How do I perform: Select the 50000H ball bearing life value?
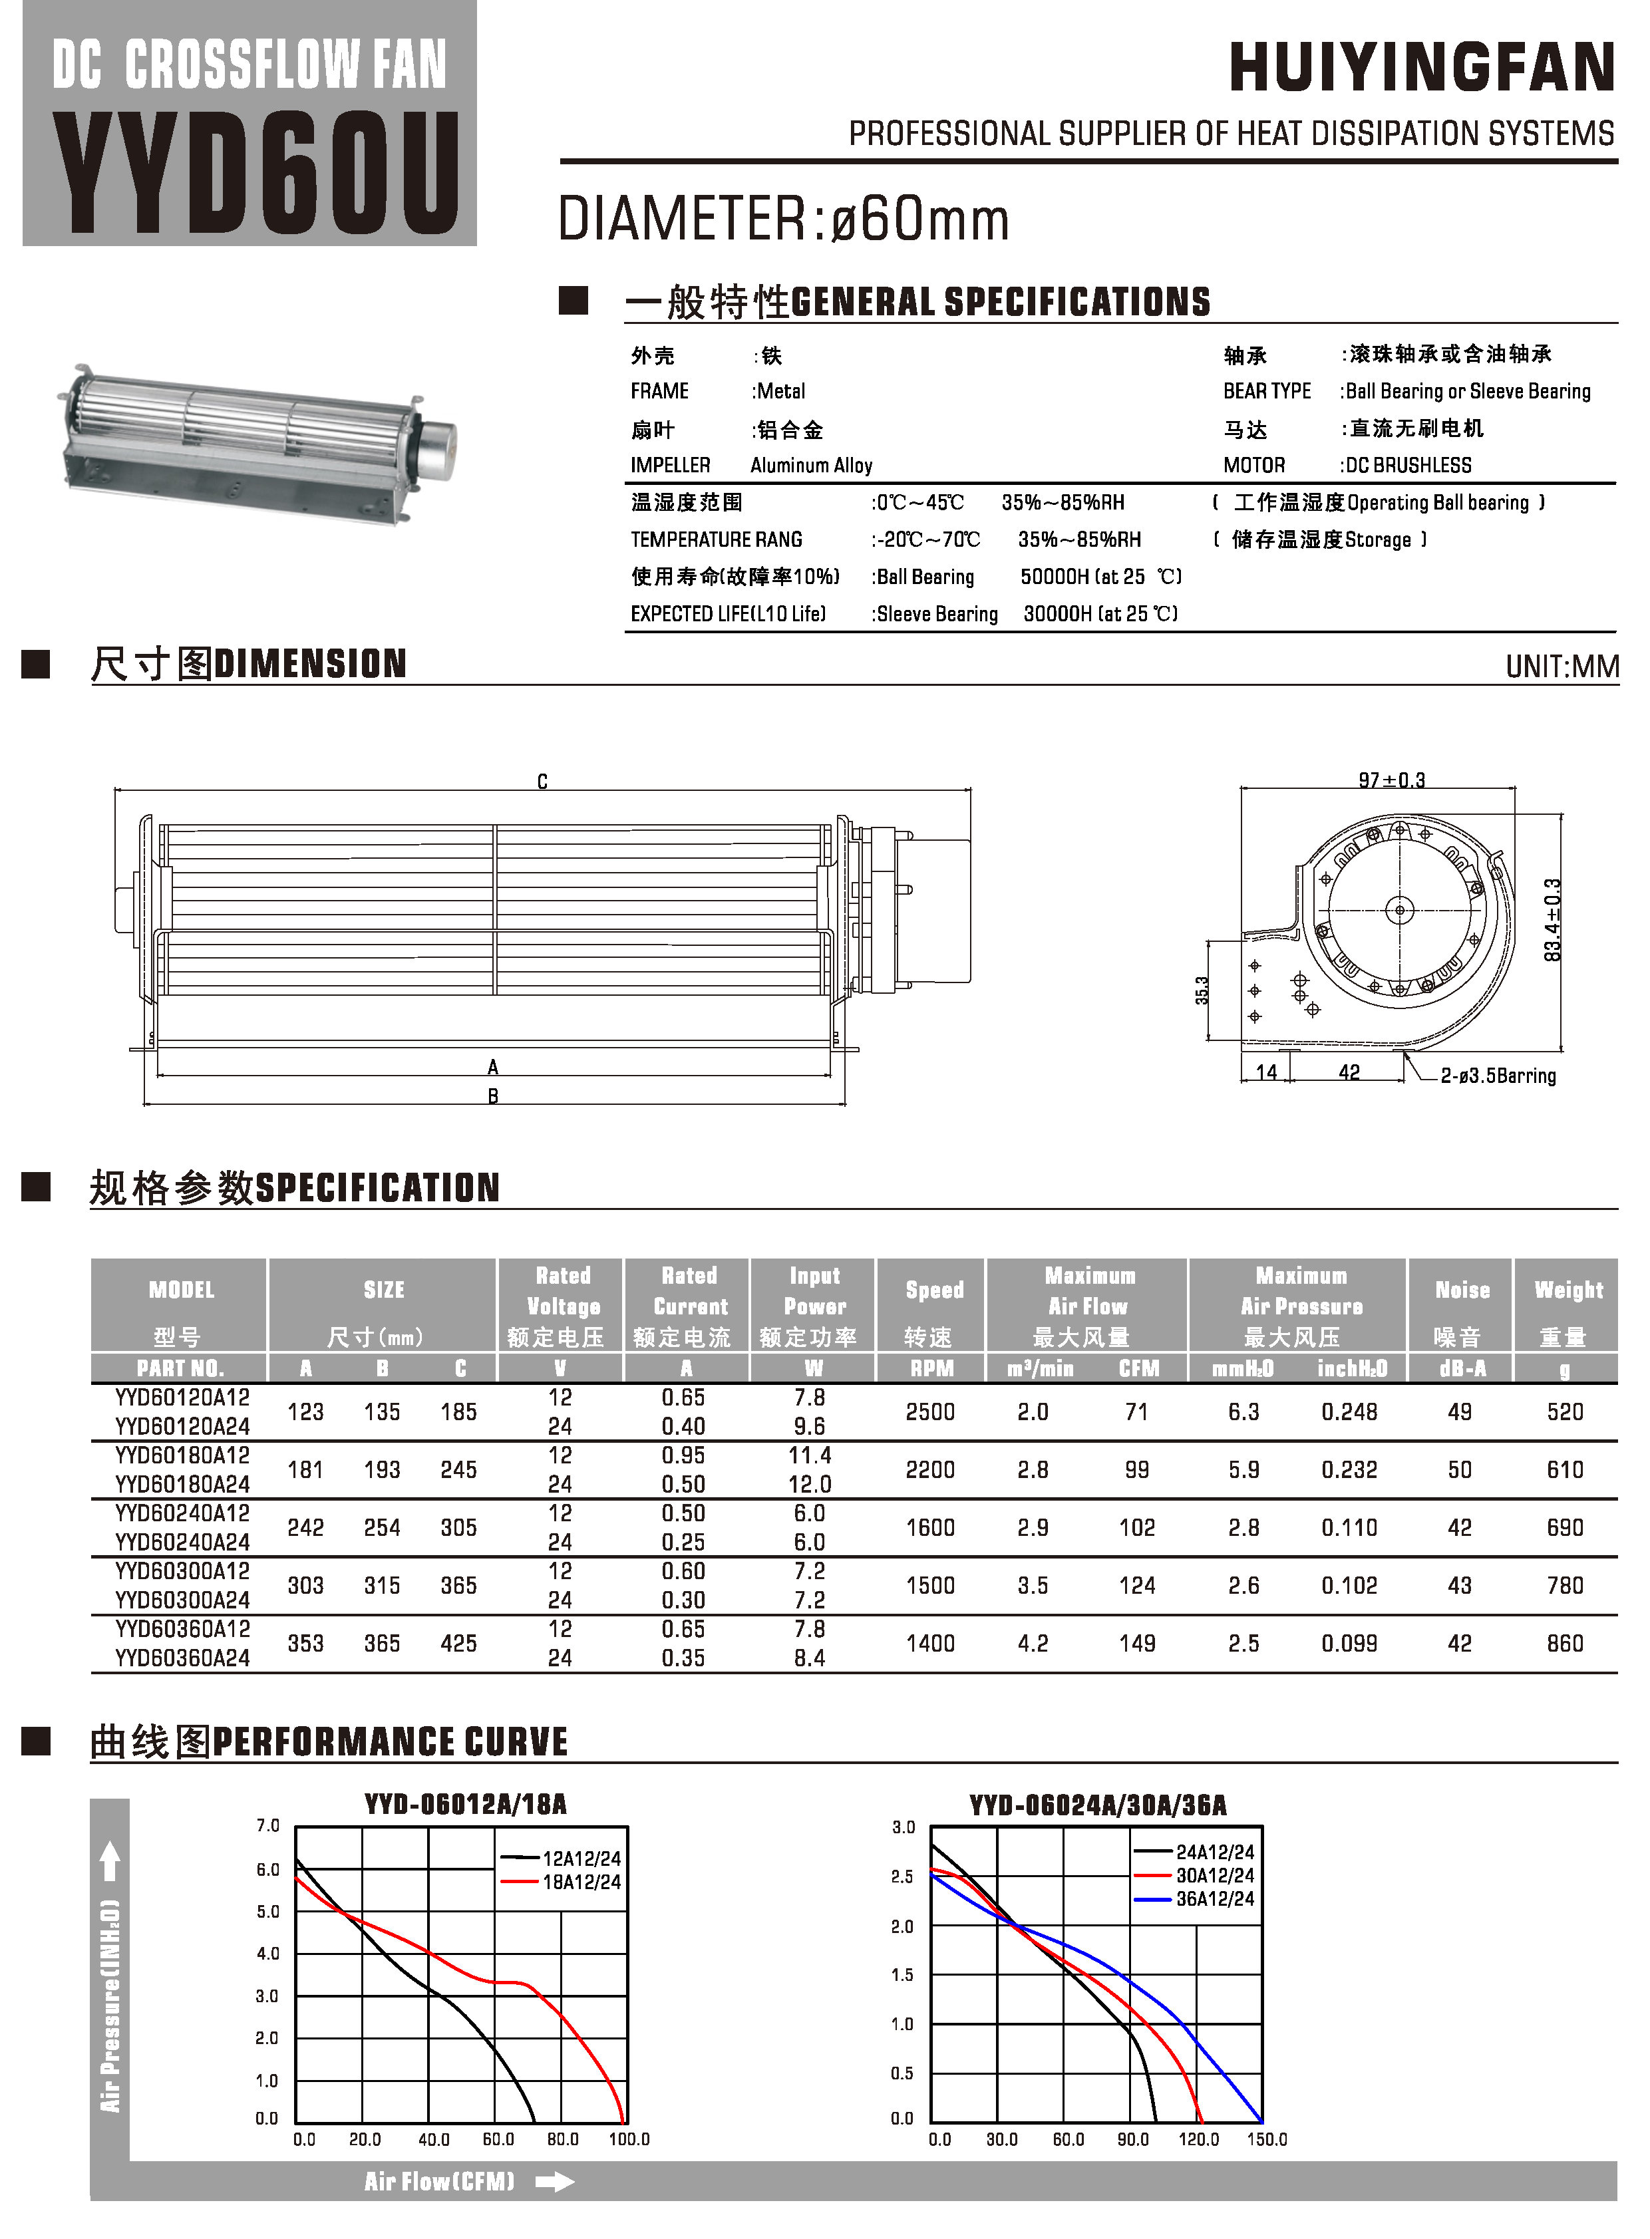pos(1057,577)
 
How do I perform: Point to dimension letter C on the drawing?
pos(542,782)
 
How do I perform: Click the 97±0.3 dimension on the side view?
pos(1391,780)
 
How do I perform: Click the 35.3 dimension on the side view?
pos(1202,990)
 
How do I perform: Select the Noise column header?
pos(1461,1290)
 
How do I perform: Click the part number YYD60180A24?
pos(182,1484)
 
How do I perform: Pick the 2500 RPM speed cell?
pos(930,1412)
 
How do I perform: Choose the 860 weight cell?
pos(1564,1643)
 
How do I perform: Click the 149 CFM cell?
pos(1136,1643)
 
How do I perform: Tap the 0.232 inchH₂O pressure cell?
pos(1349,1470)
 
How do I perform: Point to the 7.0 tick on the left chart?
pos(267,1825)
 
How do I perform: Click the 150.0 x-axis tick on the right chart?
pos(1267,2139)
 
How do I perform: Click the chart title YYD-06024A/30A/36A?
pos(1098,1805)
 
